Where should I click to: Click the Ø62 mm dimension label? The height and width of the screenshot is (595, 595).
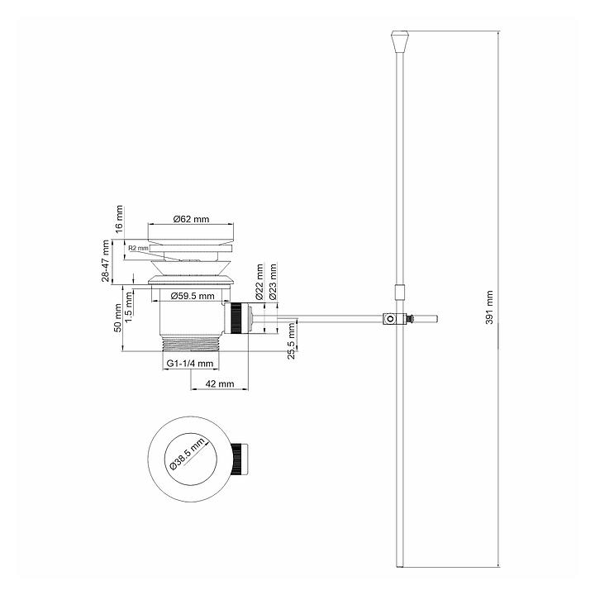191,219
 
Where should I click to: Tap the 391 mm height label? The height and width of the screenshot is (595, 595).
489,307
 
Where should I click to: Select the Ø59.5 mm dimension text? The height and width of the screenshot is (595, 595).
193,296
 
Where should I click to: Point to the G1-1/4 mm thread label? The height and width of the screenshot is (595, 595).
190,364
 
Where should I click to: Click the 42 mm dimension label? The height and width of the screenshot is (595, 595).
219,384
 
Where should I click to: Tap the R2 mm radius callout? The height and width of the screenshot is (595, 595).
139,248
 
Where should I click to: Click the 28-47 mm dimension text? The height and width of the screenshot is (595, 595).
106,260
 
